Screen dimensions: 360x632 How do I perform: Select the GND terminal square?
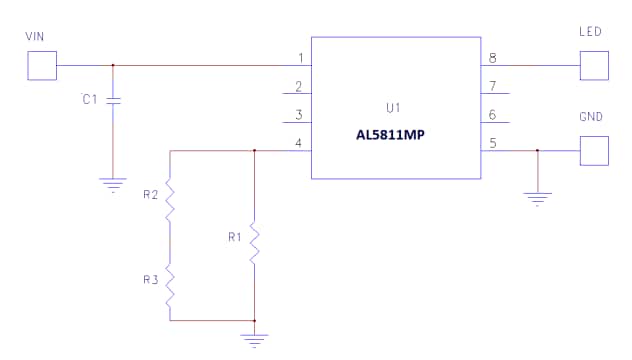(x=593, y=151)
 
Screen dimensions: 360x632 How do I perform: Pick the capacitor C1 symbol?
(x=113, y=101)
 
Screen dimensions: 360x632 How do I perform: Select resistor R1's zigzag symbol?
(x=255, y=241)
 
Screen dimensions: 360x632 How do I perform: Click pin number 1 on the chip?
(x=300, y=58)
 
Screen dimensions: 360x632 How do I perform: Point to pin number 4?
(x=300, y=144)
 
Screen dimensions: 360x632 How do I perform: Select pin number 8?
(x=492, y=58)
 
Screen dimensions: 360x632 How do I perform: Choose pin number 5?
(x=492, y=144)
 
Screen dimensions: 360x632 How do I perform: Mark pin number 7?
(x=492, y=87)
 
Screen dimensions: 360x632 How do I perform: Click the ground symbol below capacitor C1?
(x=113, y=184)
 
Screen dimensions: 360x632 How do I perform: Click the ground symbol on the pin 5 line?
(x=538, y=197)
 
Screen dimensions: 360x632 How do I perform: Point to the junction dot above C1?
(x=113, y=65)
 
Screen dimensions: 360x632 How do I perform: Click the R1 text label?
(x=235, y=238)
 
